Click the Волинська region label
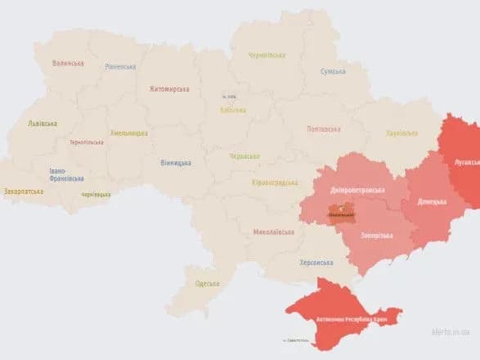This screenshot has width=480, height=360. (x=68, y=63)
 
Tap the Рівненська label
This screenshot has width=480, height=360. (x=120, y=67)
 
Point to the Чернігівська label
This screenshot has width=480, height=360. (x=267, y=56)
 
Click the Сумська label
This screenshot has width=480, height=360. (x=333, y=71)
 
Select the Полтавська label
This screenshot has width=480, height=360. (x=323, y=128)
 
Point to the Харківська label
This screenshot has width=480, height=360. (x=401, y=133)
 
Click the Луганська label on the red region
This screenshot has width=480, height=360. (x=466, y=162)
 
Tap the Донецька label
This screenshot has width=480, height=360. (x=432, y=201)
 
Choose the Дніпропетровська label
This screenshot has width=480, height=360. (x=357, y=190)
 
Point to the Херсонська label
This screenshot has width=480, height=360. (x=316, y=263)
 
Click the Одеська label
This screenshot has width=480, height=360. (x=208, y=284)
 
